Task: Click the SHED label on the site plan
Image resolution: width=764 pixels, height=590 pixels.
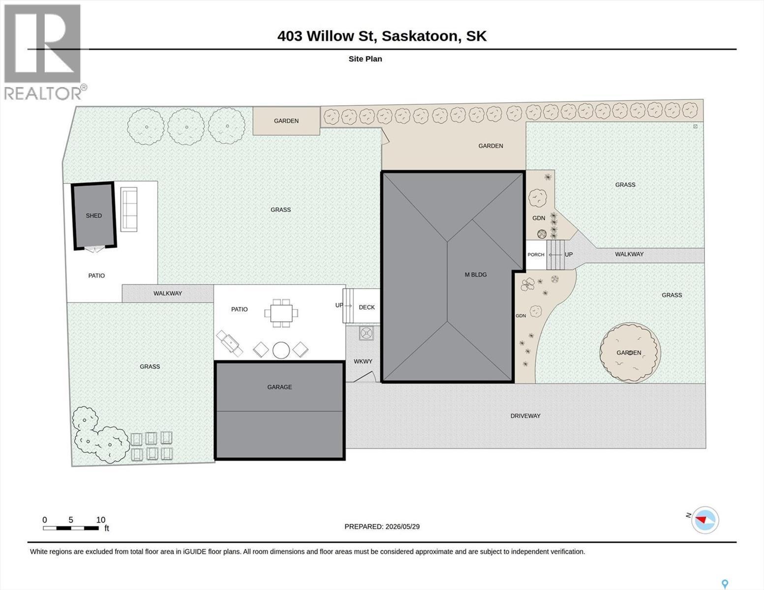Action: [x=94, y=216]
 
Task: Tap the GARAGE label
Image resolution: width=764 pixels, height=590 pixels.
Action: [x=279, y=387]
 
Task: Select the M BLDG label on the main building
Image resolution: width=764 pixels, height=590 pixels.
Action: [x=476, y=275]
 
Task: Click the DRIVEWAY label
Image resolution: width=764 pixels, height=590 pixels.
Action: [x=525, y=416]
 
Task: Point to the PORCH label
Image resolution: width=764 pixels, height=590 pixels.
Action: [x=536, y=254]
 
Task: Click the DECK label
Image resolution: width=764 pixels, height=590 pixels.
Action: [x=367, y=307]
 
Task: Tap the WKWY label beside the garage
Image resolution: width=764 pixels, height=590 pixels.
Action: [x=363, y=361]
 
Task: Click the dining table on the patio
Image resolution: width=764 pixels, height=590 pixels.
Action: [x=281, y=313]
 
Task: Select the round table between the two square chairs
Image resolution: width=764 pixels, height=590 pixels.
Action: [x=281, y=351]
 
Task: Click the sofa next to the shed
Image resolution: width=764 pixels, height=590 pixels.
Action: [x=129, y=209]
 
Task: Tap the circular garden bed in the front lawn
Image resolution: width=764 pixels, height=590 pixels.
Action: [x=630, y=353]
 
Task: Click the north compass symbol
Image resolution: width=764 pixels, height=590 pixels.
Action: [x=704, y=520]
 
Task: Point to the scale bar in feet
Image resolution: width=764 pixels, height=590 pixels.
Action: [x=71, y=528]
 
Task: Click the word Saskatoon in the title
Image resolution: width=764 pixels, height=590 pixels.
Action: [x=421, y=36]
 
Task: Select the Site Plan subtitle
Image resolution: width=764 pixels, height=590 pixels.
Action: [x=366, y=59]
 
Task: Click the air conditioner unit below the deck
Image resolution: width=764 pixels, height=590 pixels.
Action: [x=367, y=333]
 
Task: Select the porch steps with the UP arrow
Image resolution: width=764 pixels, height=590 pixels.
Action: [x=555, y=255]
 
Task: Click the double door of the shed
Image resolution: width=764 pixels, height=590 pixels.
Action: [x=95, y=249]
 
